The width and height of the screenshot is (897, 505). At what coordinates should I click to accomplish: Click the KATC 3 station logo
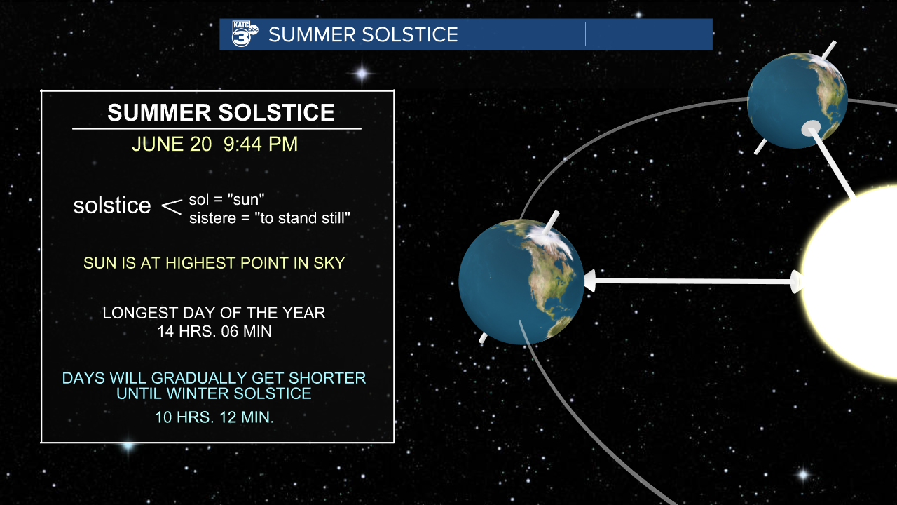coord(245,34)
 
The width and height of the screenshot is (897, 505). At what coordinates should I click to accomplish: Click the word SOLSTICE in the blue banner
coord(410,34)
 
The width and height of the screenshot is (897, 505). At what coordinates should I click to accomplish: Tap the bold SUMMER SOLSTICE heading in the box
coord(221,112)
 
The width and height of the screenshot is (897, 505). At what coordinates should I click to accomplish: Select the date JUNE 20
coord(172,144)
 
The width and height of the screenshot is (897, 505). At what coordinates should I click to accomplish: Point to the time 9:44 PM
coord(261,144)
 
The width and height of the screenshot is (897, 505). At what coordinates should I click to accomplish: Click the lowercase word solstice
coord(112,206)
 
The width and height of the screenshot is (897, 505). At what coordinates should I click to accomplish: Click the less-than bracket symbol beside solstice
coord(172,207)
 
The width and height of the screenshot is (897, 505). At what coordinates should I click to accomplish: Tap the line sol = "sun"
coord(226,200)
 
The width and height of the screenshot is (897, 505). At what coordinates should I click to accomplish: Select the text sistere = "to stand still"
coord(270,218)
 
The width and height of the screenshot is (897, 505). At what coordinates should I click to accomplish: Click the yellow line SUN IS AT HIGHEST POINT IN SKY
coord(214,263)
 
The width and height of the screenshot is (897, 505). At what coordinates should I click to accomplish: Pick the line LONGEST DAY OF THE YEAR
coord(214,313)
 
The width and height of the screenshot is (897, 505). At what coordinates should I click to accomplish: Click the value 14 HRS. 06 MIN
coord(214,332)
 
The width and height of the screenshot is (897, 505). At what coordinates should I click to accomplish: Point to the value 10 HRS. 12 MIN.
coord(214,417)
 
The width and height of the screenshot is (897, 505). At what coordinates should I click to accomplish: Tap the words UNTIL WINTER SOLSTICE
coord(214,393)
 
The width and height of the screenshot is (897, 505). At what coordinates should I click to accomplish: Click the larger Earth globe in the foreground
coord(521,282)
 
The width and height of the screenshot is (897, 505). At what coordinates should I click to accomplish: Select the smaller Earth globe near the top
coord(797,100)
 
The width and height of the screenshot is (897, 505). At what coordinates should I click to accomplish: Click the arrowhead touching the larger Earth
coord(589,281)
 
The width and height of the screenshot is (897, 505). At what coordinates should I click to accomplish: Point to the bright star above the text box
coord(362,74)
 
